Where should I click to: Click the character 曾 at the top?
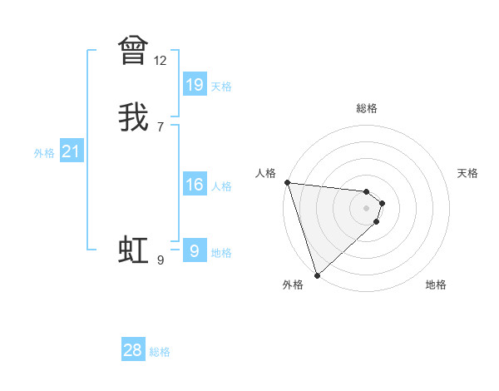[x=133, y=50]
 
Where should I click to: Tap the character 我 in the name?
[x=133, y=116]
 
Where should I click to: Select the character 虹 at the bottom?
[x=133, y=250]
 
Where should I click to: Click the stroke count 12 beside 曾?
[x=161, y=61]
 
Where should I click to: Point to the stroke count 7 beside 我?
[x=161, y=127]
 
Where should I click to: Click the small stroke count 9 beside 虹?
[x=161, y=260]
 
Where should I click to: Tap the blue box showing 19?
[x=195, y=84]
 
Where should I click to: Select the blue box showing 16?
[x=195, y=185]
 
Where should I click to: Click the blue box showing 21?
[x=72, y=151]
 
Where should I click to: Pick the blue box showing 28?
[x=133, y=350]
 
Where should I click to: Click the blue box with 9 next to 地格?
[x=195, y=251]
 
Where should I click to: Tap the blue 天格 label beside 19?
[x=221, y=87]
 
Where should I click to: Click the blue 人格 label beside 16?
[x=221, y=186]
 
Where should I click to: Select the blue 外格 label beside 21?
[x=44, y=153]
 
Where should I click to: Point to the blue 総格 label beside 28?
[x=160, y=352]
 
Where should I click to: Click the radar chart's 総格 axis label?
[x=367, y=108]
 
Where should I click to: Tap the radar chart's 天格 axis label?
[x=468, y=173]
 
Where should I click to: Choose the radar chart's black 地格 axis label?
[x=436, y=285]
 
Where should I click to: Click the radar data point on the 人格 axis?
[x=287, y=182]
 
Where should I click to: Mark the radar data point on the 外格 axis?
[x=317, y=274]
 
